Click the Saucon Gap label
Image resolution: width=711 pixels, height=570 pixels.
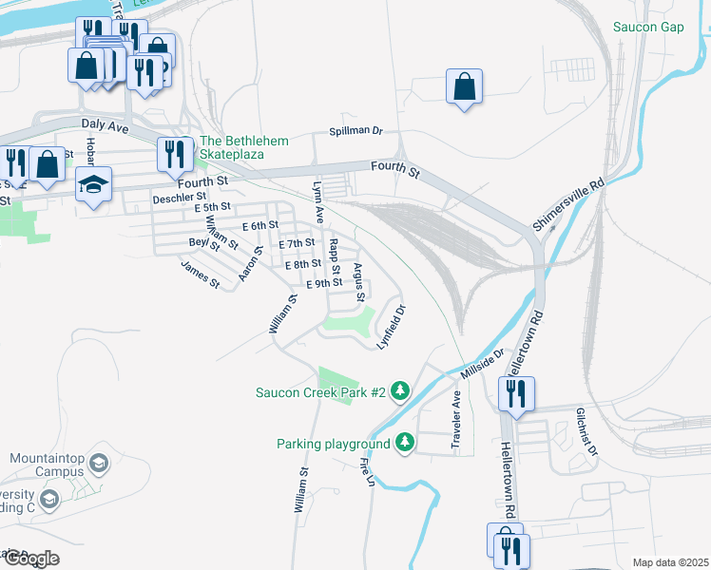pyautogui.click(x=648, y=27)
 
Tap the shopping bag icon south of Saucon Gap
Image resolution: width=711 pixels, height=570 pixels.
pyautogui.click(x=464, y=87)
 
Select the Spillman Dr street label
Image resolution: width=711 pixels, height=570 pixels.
pyautogui.click(x=355, y=131)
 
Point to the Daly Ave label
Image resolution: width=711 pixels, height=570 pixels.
pyautogui.click(x=105, y=124)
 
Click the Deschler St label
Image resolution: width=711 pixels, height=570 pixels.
pyautogui.click(x=180, y=199)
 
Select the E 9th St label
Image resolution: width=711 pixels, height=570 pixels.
pyautogui.click(x=323, y=283)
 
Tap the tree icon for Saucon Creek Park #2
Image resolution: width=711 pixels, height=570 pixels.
pyautogui.click(x=401, y=391)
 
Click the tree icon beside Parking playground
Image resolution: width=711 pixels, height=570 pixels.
pyautogui.click(x=405, y=443)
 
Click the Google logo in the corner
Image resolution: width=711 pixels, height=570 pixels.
pyautogui.click(x=31, y=558)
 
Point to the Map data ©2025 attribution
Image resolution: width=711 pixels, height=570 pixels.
pyautogui.click(x=669, y=562)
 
